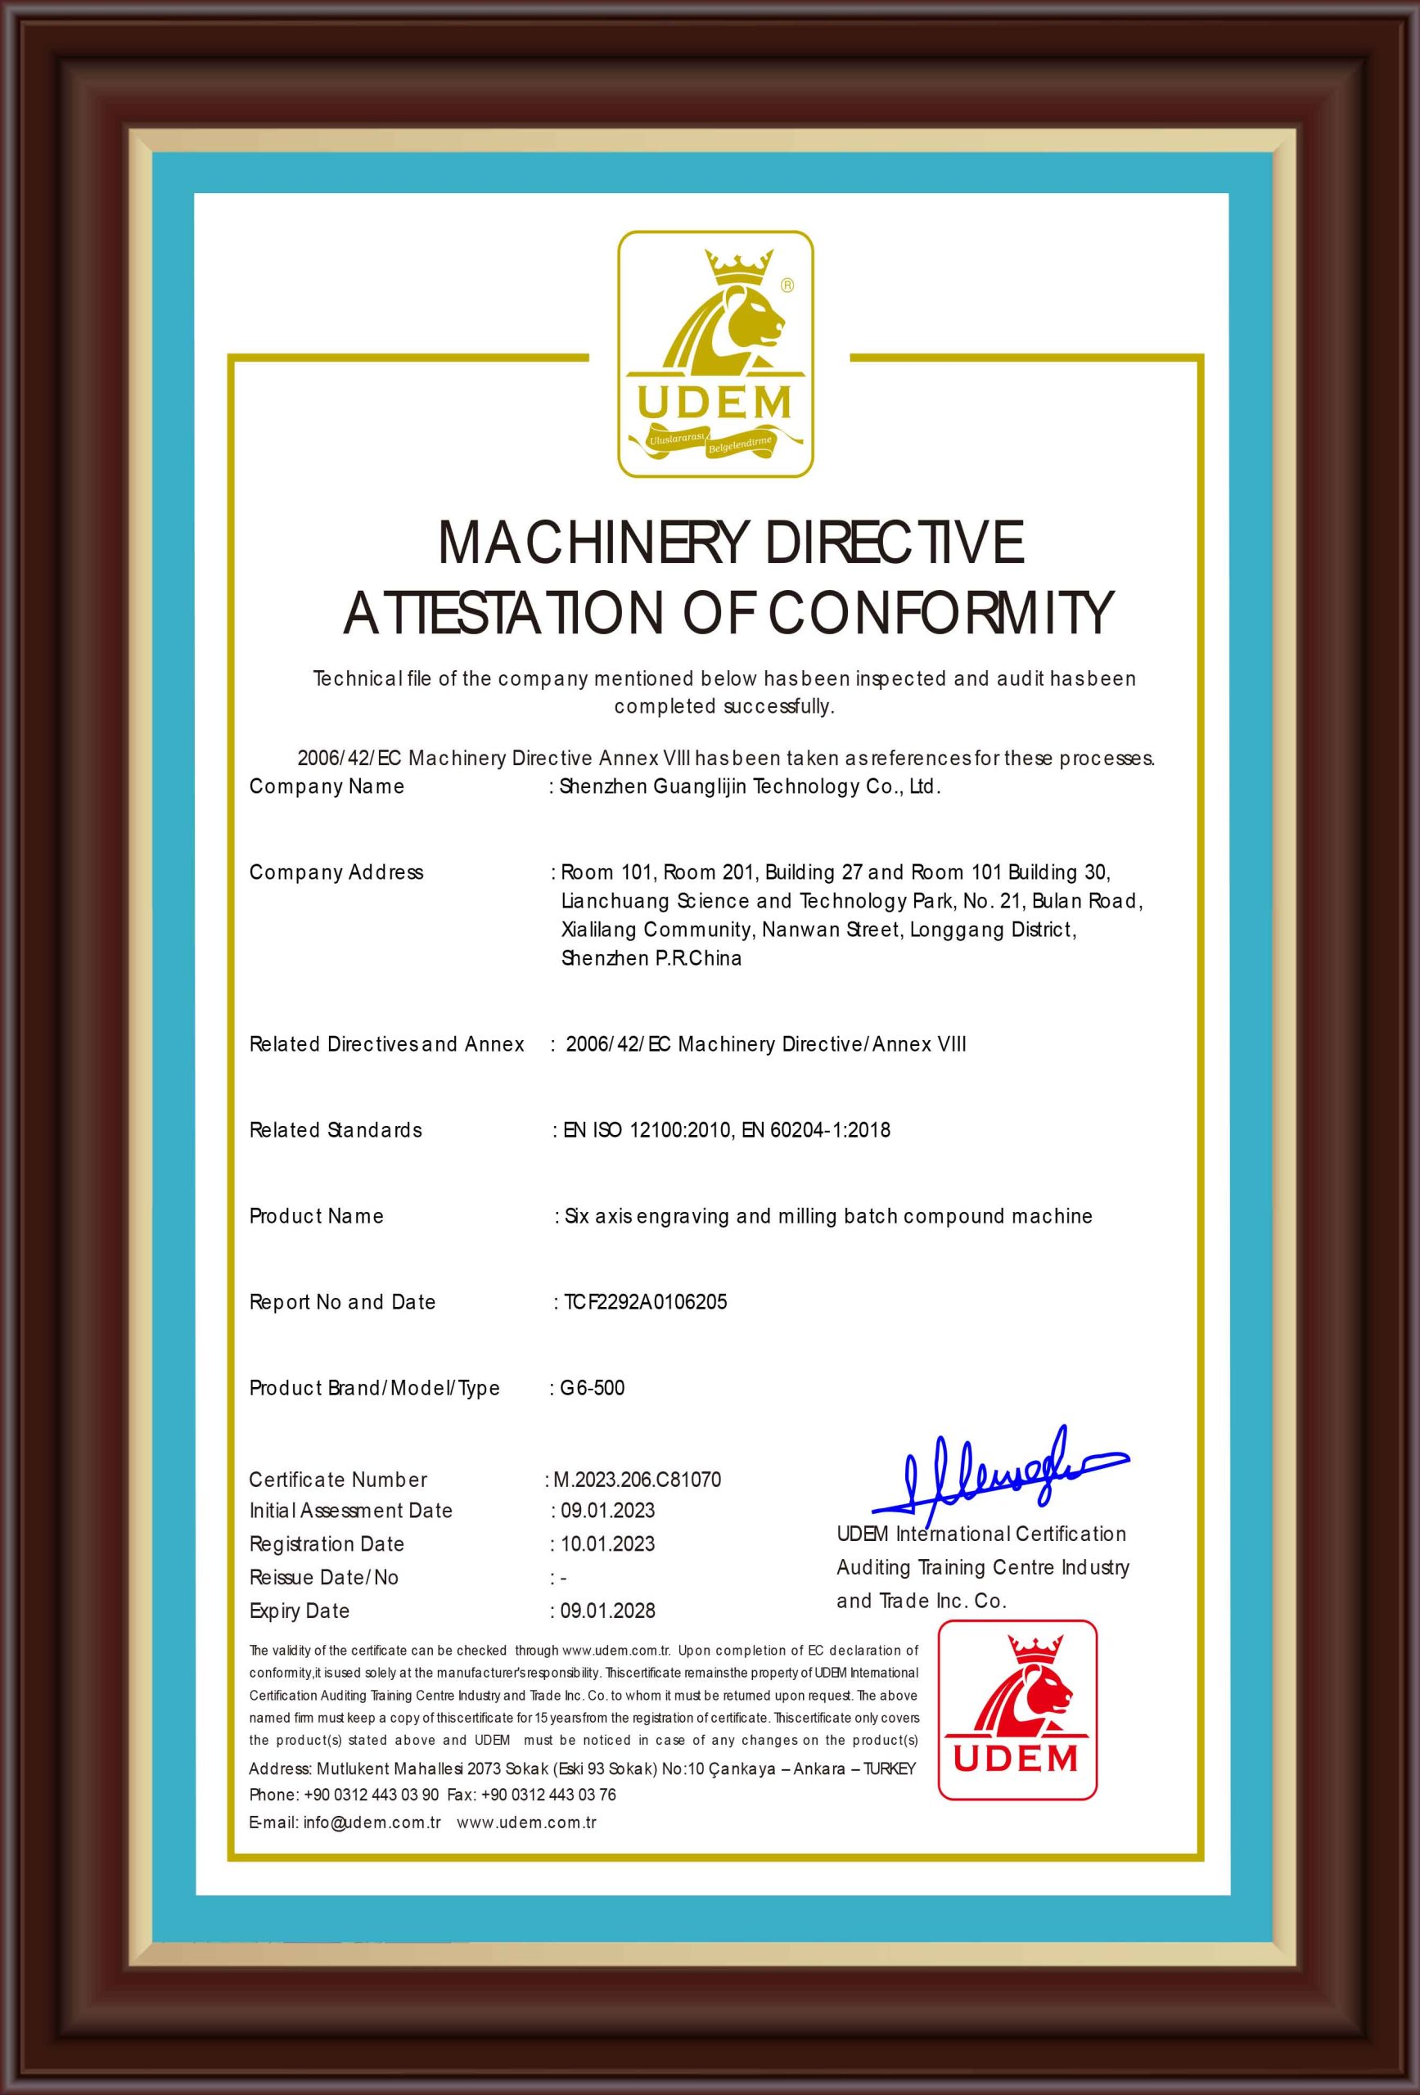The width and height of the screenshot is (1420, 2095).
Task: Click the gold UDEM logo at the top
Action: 715,354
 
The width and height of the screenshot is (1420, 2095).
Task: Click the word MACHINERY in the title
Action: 592,543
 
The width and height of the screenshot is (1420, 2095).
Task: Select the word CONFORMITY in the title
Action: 940,614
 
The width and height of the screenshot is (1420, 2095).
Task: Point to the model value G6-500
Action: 593,1388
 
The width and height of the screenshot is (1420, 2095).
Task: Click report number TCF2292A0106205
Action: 646,1302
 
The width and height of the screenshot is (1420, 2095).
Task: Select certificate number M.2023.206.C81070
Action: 637,1480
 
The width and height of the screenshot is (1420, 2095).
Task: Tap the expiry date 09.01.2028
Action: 607,1611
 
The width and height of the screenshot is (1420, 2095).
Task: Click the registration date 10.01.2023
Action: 607,1544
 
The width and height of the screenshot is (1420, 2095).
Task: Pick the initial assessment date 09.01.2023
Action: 607,1511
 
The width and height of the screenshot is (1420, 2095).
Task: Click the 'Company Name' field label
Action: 327,787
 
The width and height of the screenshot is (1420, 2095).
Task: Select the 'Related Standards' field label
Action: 336,1130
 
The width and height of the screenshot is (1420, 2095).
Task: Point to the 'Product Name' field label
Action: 317,1216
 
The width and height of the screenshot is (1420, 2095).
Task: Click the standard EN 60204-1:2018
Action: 816,1130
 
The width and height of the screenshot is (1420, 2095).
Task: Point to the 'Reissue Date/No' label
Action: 323,1578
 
